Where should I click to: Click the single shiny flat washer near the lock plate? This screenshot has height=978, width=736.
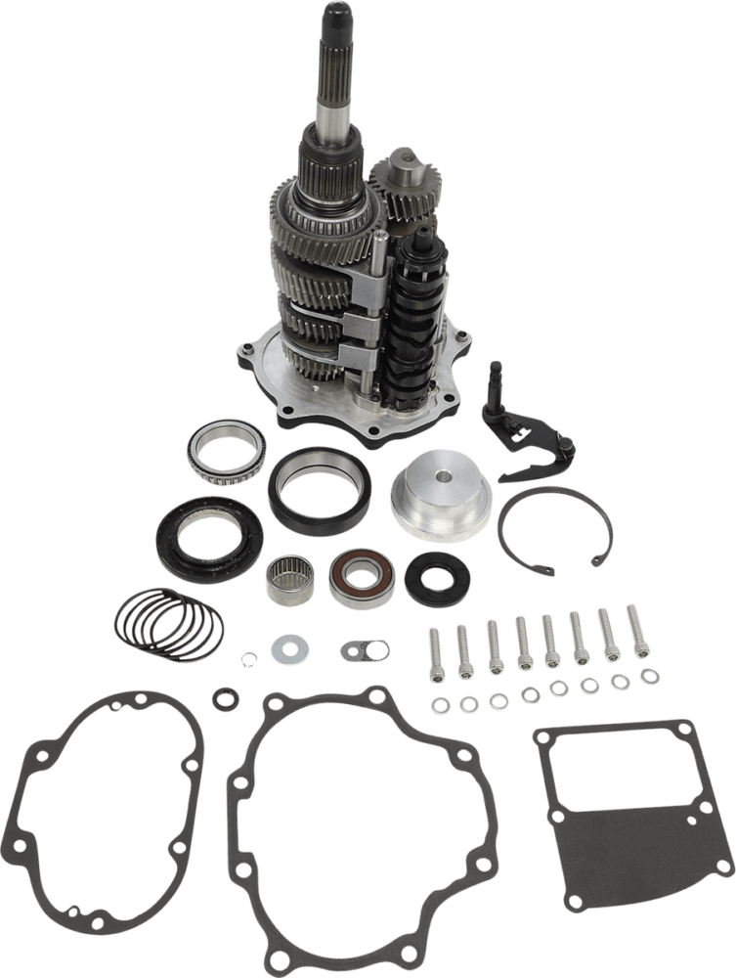(x=289, y=646)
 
